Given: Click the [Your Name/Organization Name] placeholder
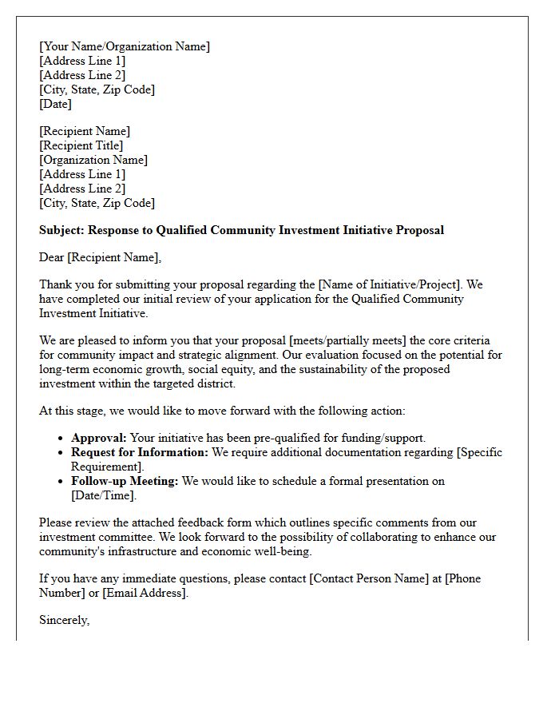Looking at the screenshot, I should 125,46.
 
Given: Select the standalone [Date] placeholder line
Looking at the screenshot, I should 55,104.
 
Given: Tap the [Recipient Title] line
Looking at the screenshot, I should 81,145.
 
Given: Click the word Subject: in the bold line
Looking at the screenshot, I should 63,230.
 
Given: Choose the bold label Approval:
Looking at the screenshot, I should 99,438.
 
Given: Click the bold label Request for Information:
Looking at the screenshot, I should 140,452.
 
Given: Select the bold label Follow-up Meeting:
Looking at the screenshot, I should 125,481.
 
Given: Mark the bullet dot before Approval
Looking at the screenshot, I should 62,439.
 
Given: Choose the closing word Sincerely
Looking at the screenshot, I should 64,620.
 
